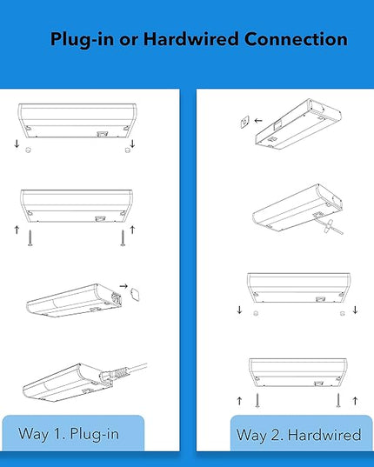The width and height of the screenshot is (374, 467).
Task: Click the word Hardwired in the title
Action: point(190,39)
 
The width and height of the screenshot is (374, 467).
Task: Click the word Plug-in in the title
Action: point(82,40)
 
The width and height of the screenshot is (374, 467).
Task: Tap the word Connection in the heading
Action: point(296,39)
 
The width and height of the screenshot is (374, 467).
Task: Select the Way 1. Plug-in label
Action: point(69,434)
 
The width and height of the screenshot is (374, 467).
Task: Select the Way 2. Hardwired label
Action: point(298,435)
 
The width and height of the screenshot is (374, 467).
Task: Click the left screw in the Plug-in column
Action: point(30,237)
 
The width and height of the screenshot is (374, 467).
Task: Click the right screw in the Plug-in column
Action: point(123,237)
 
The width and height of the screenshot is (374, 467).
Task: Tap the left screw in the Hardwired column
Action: point(257,400)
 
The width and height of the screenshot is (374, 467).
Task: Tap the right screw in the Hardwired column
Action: point(338,400)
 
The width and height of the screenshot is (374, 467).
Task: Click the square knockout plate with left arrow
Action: point(244,122)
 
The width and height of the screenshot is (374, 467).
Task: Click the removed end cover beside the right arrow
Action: point(136,294)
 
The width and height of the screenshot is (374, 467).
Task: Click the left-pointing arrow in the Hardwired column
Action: point(258,121)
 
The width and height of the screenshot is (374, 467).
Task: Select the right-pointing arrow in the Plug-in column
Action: point(124,286)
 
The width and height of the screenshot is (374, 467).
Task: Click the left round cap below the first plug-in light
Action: point(29,150)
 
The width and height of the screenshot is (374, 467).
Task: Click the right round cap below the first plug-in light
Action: point(128,150)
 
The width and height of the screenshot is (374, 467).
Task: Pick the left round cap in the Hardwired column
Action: point(256,313)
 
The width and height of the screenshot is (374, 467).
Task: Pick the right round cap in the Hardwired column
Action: point(342,313)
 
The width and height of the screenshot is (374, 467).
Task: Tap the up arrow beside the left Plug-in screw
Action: point(17,230)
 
